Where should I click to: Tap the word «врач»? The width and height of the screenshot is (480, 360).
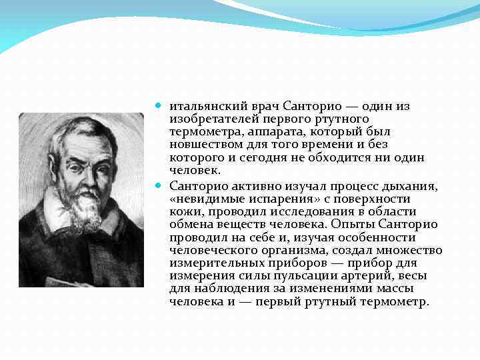coord(265,107)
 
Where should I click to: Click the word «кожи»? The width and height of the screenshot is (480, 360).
coord(182,212)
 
